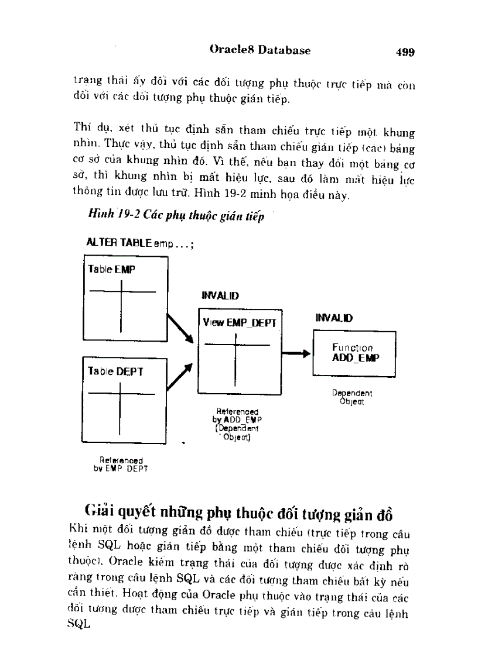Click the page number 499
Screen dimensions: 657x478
click(x=405, y=52)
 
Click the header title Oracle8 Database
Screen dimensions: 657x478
click(x=260, y=50)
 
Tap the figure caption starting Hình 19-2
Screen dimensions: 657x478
click(x=176, y=216)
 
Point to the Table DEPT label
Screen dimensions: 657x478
click(x=115, y=371)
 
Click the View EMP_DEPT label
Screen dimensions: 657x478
click(x=239, y=322)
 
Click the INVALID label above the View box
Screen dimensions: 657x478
click(x=220, y=296)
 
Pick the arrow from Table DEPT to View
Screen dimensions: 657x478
click(x=180, y=377)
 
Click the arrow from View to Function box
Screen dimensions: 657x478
click(x=296, y=353)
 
